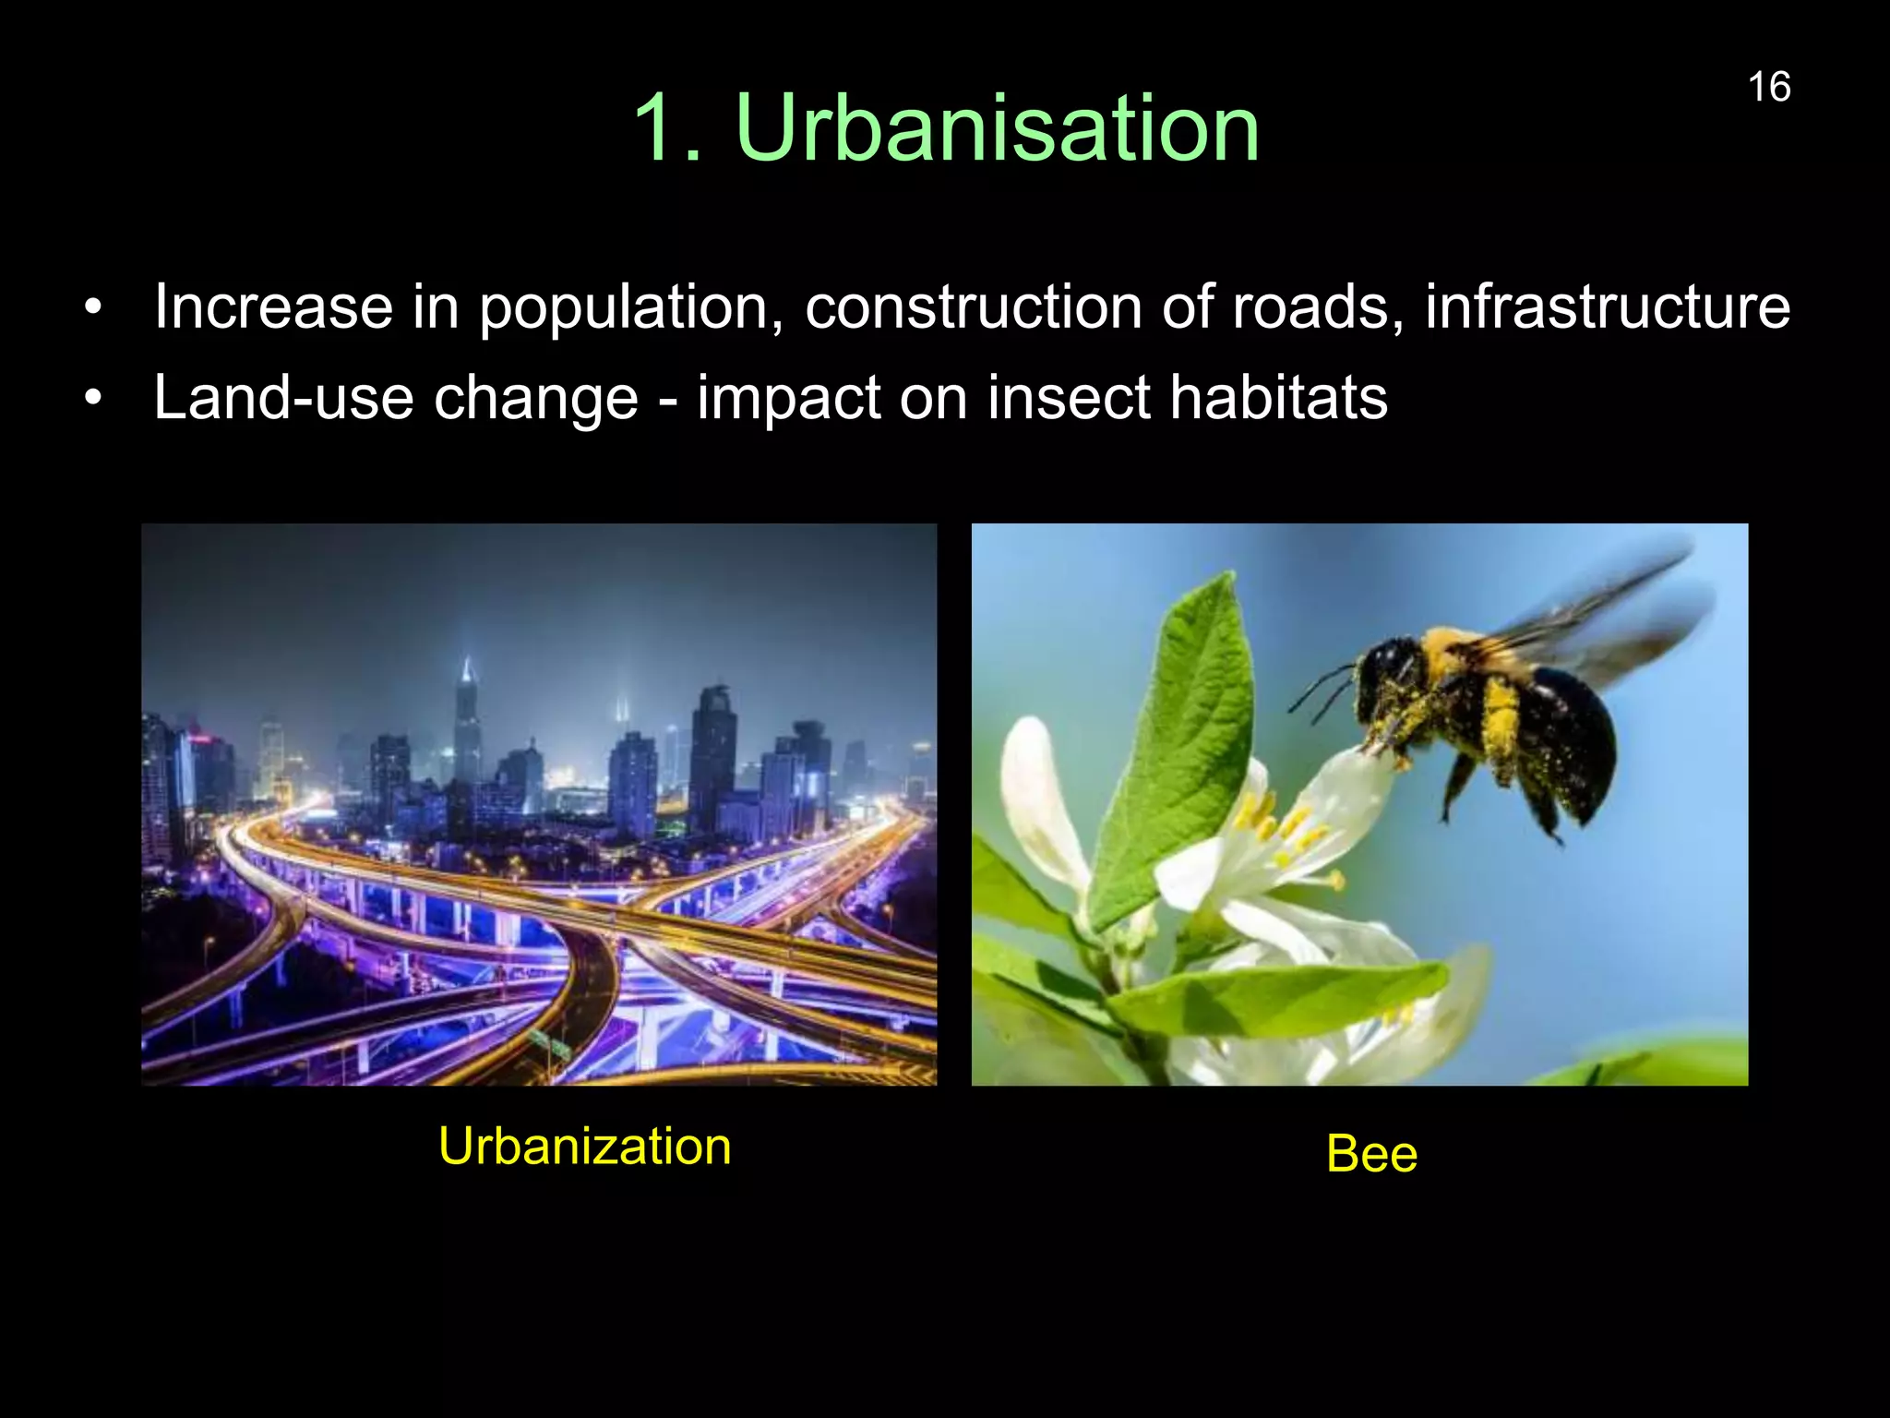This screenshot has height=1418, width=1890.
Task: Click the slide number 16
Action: [x=1768, y=88]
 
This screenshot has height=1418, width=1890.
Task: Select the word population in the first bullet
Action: [x=624, y=308]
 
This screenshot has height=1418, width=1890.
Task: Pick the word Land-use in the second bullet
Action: [x=283, y=398]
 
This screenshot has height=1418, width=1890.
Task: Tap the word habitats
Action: [x=1278, y=398]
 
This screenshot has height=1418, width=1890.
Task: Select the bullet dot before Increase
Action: [x=92, y=310]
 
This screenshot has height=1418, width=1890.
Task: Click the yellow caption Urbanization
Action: [x=584, y=1147]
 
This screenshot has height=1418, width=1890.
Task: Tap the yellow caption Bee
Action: [x=1371, y=1154]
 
